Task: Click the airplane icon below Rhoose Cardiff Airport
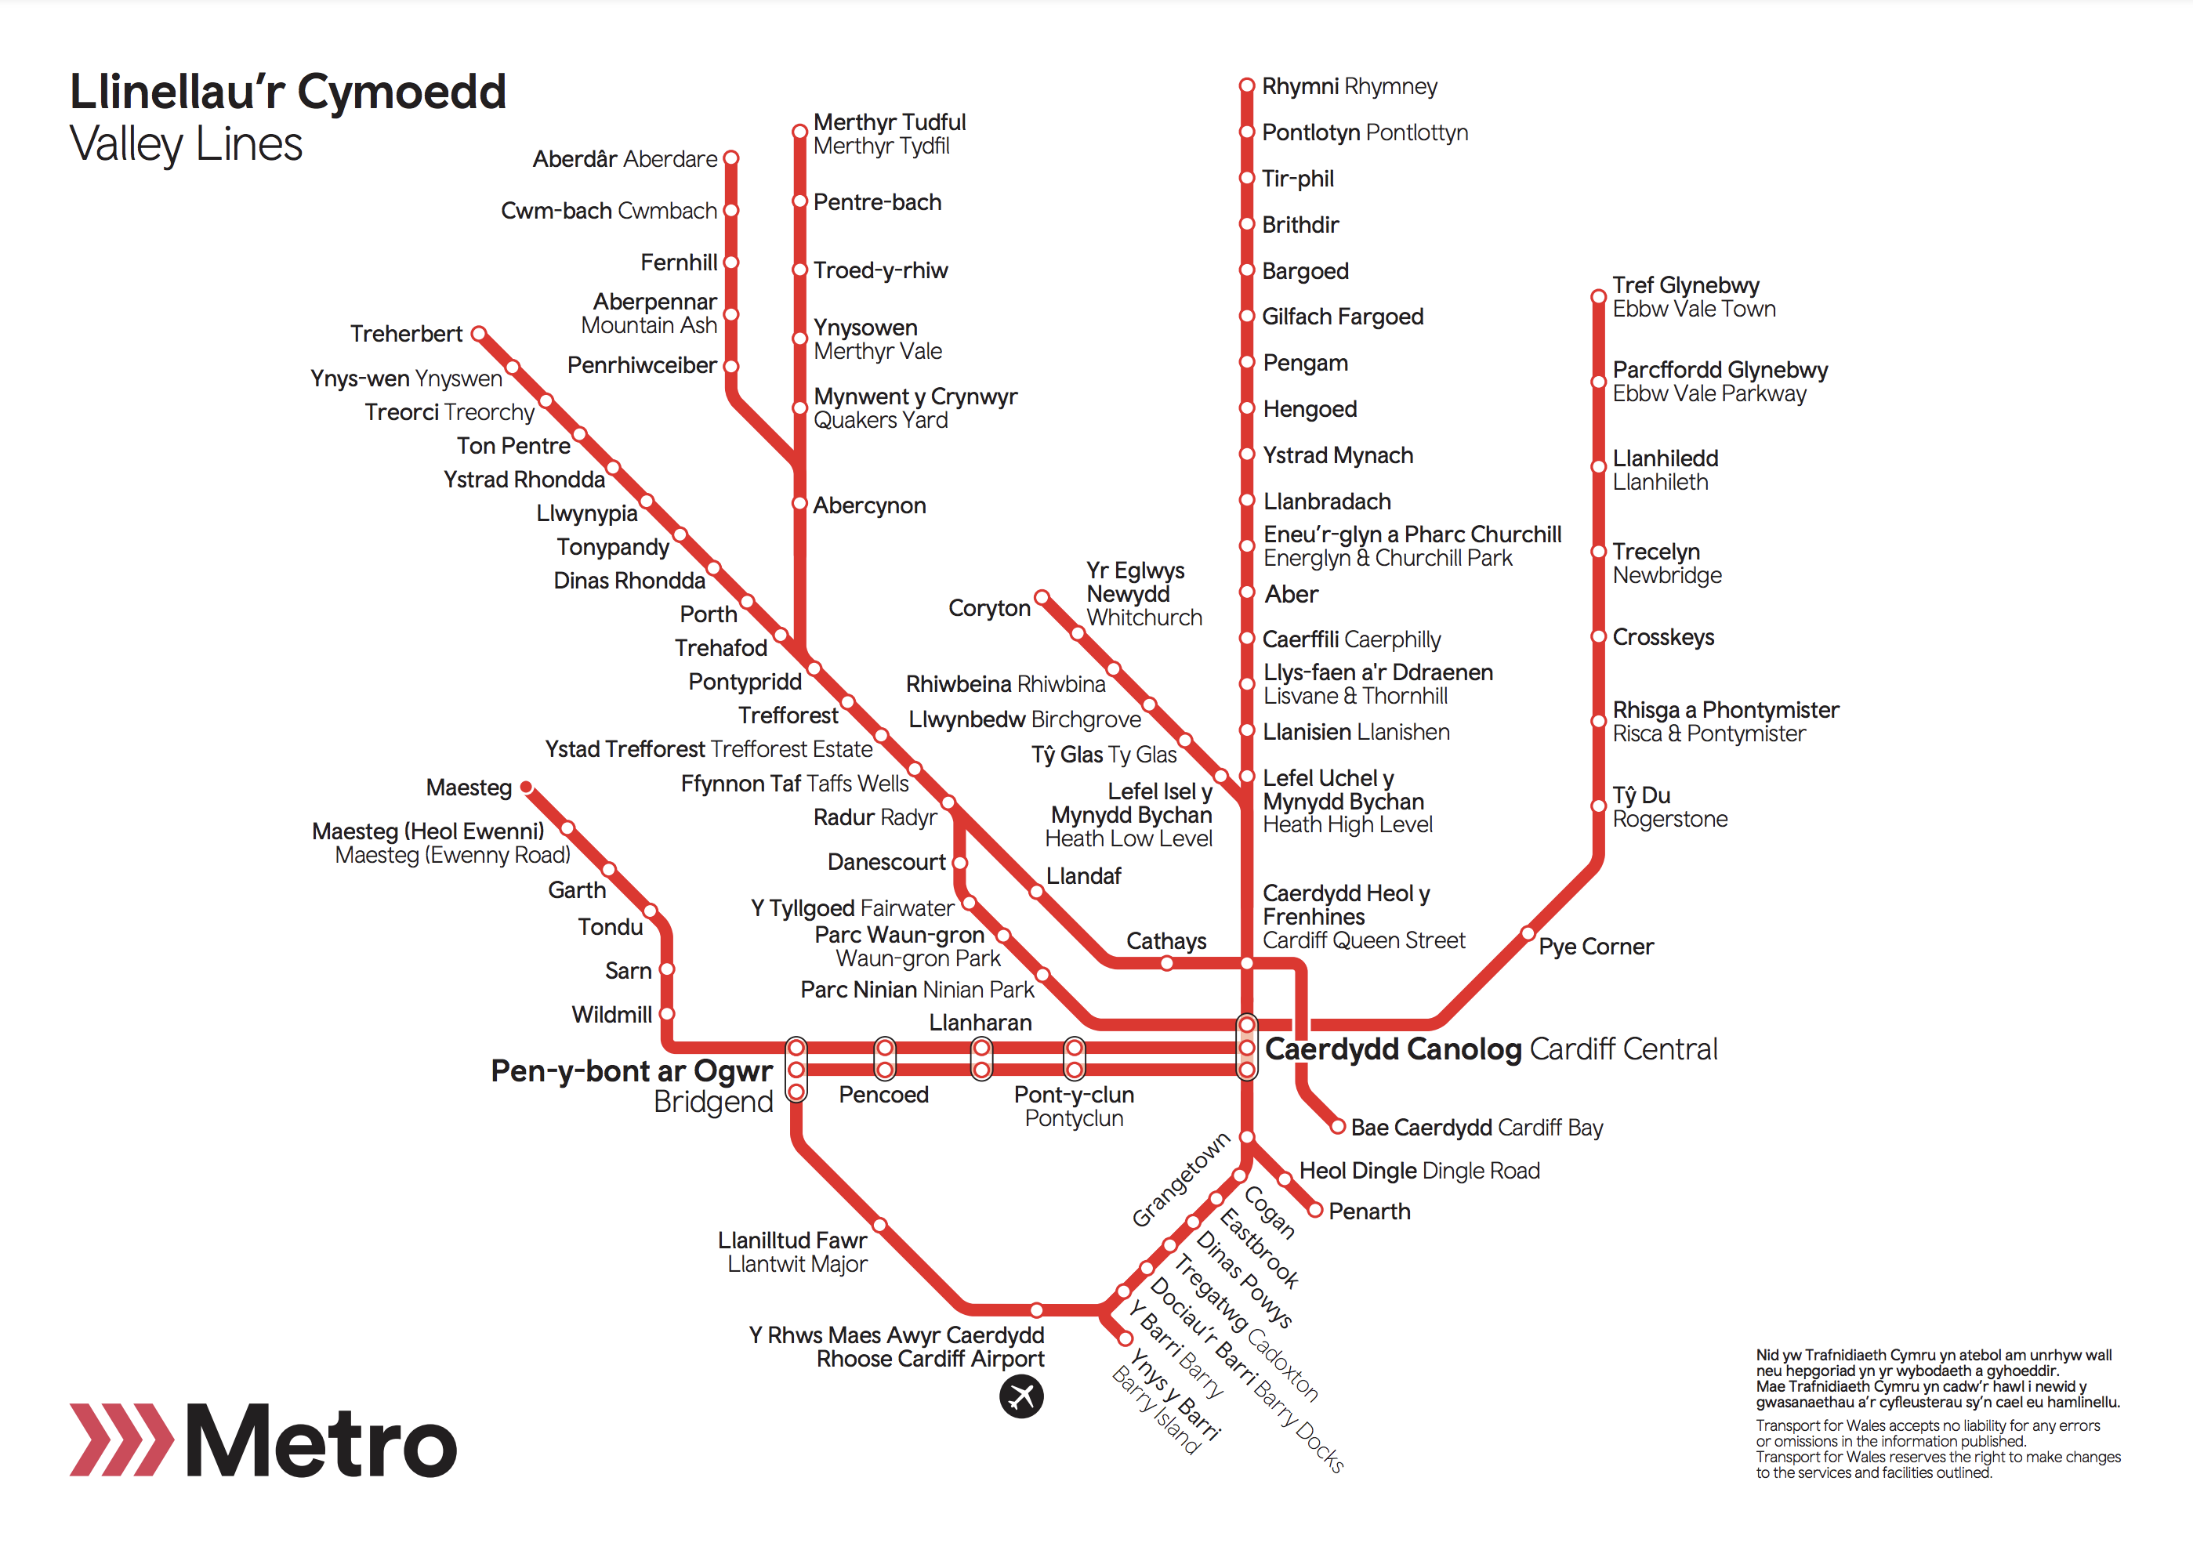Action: click(1021, 1397)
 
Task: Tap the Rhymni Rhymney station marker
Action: click(1246, 86)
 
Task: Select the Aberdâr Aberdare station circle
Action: click(731, 158)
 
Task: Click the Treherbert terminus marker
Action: click(480, 333)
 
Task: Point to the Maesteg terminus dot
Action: click(526, 787)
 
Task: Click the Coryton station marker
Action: click(1042, 598)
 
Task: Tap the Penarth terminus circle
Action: click(1315, 1210)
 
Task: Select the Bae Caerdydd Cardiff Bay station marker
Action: click(1338, 1127)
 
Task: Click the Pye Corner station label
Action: click(1595, 947)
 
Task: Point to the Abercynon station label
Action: click(869, 505)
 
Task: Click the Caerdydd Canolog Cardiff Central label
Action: click(1490, 1048)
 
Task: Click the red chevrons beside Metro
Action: click(121, 1440)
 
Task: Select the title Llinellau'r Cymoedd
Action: click(288, 92)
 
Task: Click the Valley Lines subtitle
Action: click(187, 145)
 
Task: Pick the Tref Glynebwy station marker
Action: click(1598, 296)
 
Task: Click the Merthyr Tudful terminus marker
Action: click(800, 132)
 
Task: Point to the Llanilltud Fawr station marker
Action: click(879, 1224)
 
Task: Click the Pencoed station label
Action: click(883, 1095)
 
